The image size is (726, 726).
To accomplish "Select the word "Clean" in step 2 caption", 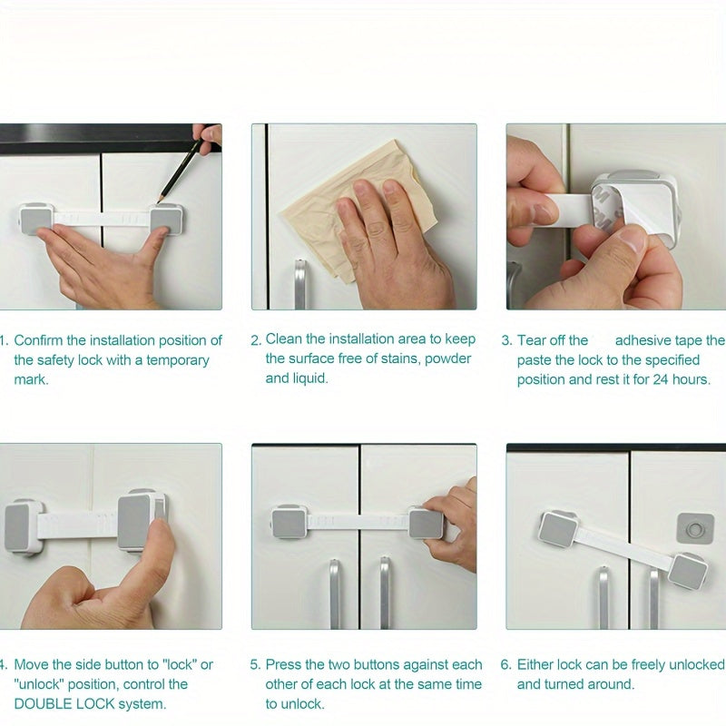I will (x=285, y=339).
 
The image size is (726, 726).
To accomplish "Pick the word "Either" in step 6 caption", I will (x=537, y=665).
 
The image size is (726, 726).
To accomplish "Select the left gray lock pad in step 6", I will (x=557, y=529).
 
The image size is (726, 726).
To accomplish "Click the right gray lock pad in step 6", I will (x=689, y=571).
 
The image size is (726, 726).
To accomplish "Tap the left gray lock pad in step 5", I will (x=289, y=523).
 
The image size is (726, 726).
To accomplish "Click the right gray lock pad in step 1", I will (x=166, y=219).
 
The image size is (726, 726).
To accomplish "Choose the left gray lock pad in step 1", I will (x=36, y=219).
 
